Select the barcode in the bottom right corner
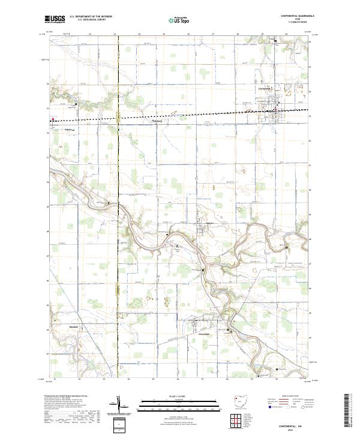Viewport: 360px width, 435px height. [x=351, y=414]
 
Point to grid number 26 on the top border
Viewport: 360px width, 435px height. [x=188, y=35]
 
